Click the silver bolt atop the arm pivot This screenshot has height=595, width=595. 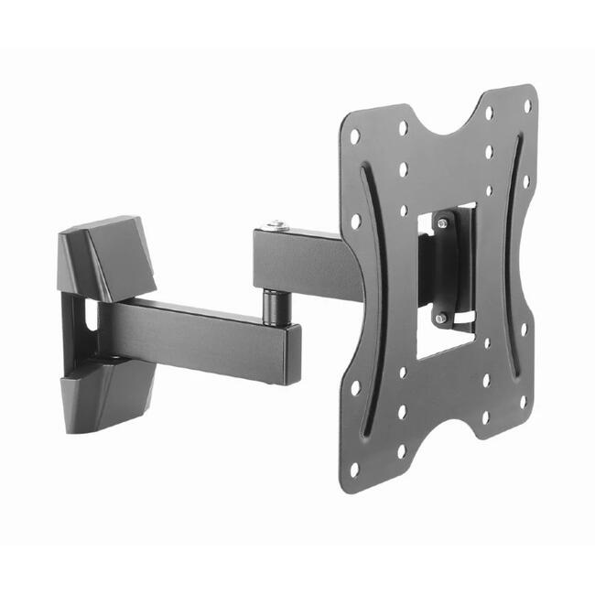pos(275,224)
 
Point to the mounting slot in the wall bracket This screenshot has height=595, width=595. pos(90,316)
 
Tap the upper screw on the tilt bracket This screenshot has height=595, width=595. pos(442,222)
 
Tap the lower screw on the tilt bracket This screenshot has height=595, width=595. pos(441,318)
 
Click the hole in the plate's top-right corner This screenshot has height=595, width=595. pos(527,105)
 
